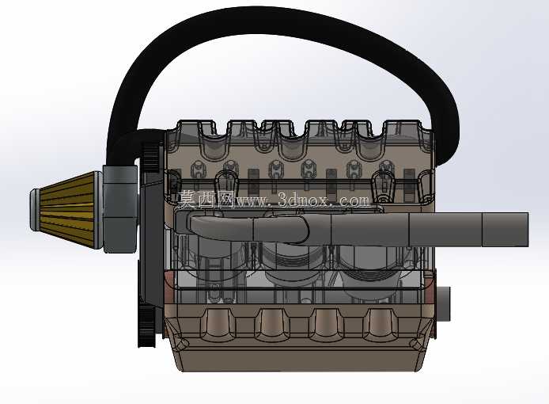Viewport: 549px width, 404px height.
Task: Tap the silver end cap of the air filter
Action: [34, 210]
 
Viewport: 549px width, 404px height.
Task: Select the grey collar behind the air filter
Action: [119, 209]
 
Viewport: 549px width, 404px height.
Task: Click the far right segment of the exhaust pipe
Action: [505, 230]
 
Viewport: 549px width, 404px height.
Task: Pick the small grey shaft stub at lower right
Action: [443, 303]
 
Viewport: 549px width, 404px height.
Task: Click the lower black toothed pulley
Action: [146, 325]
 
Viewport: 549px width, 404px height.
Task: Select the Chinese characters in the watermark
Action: [206, 200]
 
